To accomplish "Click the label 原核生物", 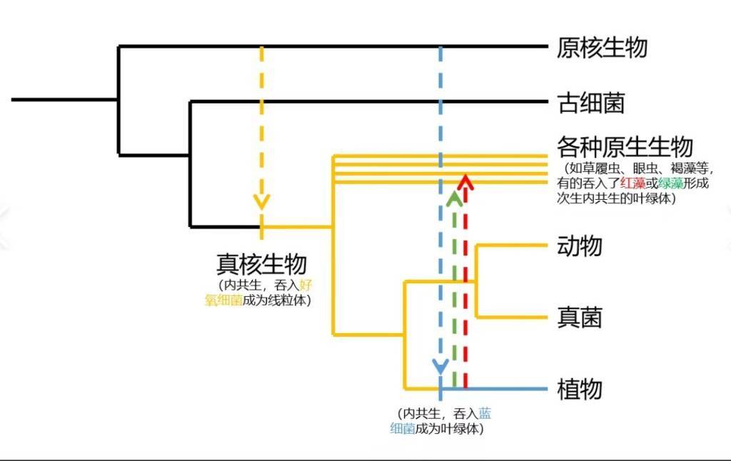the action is point(602,48).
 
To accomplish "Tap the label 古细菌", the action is point(590,103).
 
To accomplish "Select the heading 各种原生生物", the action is point(625,147).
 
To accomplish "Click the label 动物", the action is point(580,245).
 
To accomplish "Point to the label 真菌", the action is point(580,318).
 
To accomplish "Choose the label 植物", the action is point(580,389).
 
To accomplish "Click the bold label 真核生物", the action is point(261,264).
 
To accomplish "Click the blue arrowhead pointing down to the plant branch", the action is point(440,367).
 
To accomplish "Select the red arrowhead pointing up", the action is point(465,182).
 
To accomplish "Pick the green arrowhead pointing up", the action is point(454,198).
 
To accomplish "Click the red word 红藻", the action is point(632,183).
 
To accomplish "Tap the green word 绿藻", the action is point(671,183).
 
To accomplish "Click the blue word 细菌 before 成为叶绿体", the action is point(403,428).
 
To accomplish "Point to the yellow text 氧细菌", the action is point(223,300).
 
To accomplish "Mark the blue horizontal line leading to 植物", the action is point(494,389).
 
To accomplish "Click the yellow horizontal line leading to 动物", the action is point(511,245).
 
